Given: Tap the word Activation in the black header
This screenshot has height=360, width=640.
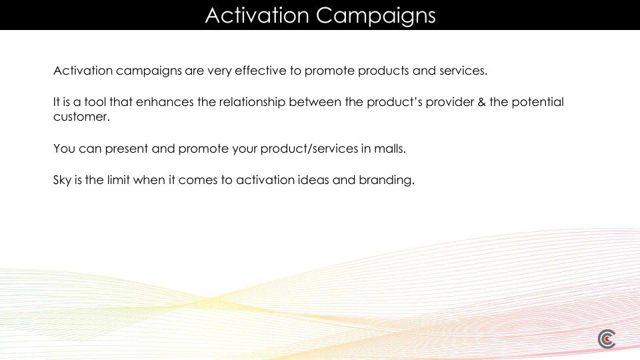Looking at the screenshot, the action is click(x=257, y=15).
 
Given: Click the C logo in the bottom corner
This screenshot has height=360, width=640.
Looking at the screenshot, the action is click(x=607, y=339).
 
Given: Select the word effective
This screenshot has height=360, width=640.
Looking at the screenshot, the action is click(x=261, y=70).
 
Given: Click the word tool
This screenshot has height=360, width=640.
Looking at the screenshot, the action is click(x=95, y=101).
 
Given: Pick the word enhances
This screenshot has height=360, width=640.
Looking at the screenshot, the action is click(x=165, y=101).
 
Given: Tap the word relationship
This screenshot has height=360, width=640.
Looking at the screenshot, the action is click(x=252, y=103).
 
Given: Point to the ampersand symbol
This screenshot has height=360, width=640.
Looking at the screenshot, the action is click(x=481, y=102).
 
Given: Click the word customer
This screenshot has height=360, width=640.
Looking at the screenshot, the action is click(x=81, y=117).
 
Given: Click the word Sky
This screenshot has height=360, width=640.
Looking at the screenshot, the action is click(x=62, y=181).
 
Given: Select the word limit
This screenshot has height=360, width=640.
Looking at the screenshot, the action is click(x=119, y=179).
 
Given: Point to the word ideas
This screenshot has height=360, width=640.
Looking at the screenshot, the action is click(x=313, y=179).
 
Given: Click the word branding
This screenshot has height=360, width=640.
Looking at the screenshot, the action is click(x=387, y=181).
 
